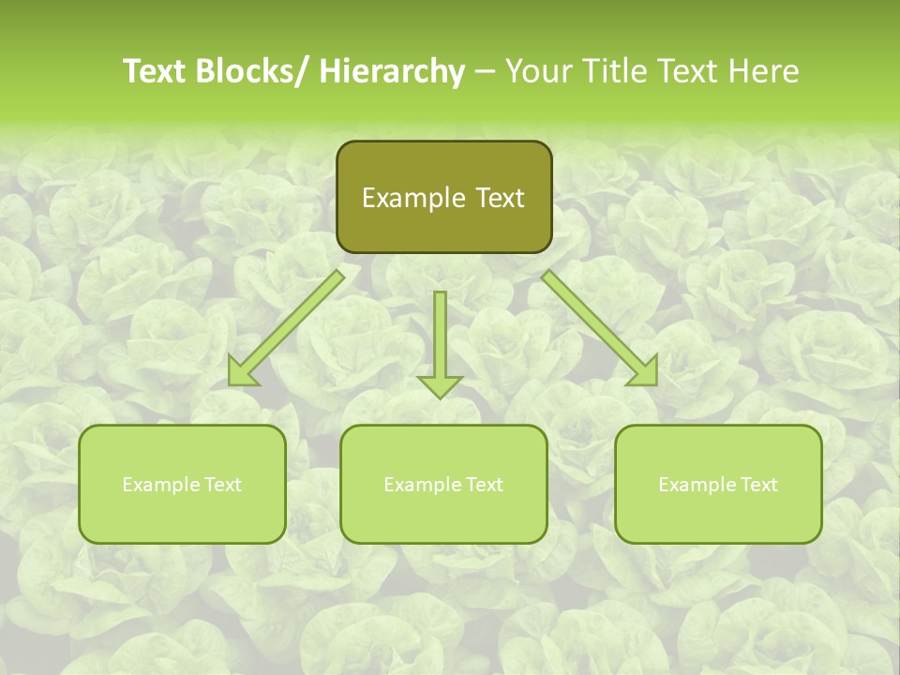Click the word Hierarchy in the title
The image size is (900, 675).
392,72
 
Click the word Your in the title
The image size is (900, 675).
539,72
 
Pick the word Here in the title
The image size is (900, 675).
766,72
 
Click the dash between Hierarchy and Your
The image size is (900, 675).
484,72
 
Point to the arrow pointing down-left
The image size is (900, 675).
286,328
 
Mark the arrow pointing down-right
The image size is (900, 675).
600,328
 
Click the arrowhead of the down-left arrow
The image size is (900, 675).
241,372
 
